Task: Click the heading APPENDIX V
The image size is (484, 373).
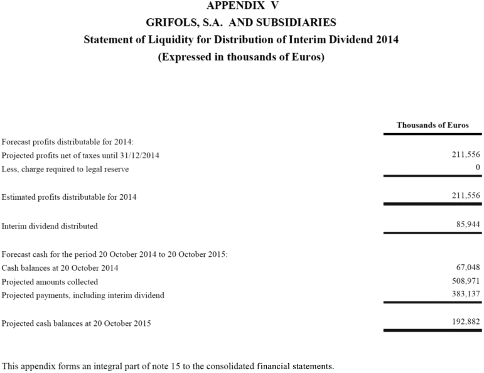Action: pos(242,6)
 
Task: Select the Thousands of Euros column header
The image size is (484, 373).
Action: pos(433,125)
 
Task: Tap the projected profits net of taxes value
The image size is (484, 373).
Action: pos(466,155)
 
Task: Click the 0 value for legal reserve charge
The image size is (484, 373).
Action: pos(478,168)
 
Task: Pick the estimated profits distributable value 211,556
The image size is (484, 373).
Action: pos(466,196)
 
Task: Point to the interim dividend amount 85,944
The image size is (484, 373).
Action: pos(468,225)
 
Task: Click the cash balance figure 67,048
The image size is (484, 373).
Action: pos(468,268)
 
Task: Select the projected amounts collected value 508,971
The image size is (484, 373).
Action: pos(466,281)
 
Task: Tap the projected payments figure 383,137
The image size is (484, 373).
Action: pos(466,295)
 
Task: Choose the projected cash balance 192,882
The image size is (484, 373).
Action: pos(466,323)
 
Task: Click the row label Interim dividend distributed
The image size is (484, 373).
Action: pos(50,226)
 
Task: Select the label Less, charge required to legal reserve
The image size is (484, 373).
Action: pos(65,170)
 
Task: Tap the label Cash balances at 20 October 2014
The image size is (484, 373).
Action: pos(60,268)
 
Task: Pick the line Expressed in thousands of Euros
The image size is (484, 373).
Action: pos(242,57)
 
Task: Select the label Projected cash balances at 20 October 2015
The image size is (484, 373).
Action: pos(76,324)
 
